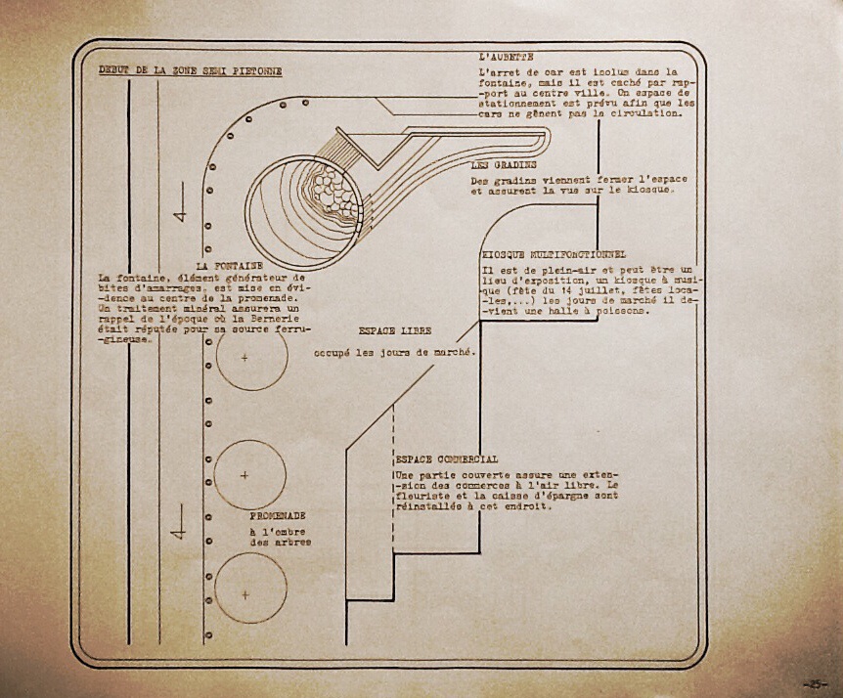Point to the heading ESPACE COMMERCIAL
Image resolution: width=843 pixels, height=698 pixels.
(446, 458)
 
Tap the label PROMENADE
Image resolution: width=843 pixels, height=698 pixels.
(278, 515)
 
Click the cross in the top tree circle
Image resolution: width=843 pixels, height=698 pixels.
(244, 359)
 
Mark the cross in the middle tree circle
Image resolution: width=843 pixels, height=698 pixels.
(244, 475)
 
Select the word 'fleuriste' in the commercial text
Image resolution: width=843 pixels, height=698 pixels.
(415, 497)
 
